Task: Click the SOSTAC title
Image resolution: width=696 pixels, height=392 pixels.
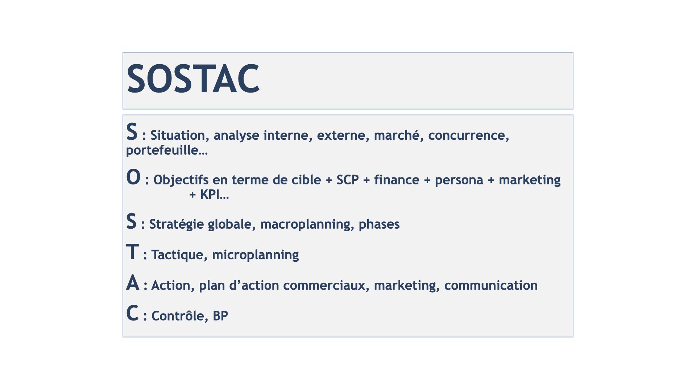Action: [x=193, y=79]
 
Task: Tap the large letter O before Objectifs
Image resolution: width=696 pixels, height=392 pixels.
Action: [x=133, y=177]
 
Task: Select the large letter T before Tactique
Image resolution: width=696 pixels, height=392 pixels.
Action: [x=132, y=252]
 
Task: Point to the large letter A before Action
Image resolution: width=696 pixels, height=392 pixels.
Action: [x=133, y=282]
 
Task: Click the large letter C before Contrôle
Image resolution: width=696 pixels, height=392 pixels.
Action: [x=132, y=313]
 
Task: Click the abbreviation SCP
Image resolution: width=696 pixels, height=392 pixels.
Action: [x=348, y=180]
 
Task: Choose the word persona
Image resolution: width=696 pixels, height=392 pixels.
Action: [x=459, y=181]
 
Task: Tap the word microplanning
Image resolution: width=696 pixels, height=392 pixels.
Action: [x=256, y=255]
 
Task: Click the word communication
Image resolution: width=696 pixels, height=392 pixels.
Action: [x=491, y=286]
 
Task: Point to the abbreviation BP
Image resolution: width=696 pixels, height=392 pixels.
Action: [x=220, y=316]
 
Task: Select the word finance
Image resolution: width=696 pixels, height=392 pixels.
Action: [x=397, y=180]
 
